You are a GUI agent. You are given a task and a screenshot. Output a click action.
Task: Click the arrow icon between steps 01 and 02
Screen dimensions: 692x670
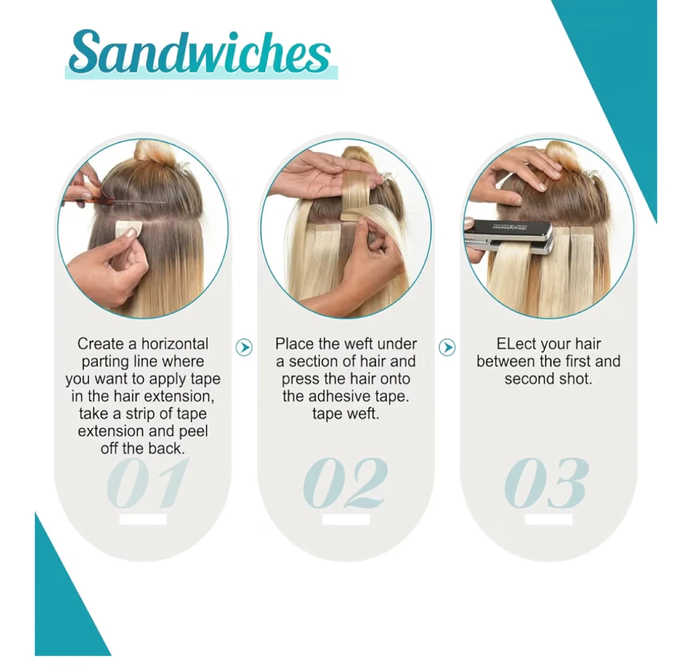[x=244, y=347]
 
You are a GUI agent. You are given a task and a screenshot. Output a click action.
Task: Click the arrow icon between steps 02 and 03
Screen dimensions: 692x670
[x=447, y=347]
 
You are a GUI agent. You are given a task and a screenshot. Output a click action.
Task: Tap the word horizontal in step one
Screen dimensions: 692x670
[x=175, y=344]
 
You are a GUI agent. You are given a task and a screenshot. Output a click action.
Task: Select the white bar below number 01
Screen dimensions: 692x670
[x=143, y=519]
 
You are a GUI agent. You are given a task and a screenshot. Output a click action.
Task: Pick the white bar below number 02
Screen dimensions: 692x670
[x=346, y=519]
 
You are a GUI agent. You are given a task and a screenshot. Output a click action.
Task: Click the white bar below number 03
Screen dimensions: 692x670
[x=549, y=519]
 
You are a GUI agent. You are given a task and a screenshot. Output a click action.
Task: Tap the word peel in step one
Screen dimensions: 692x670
[x=194, y=431]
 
